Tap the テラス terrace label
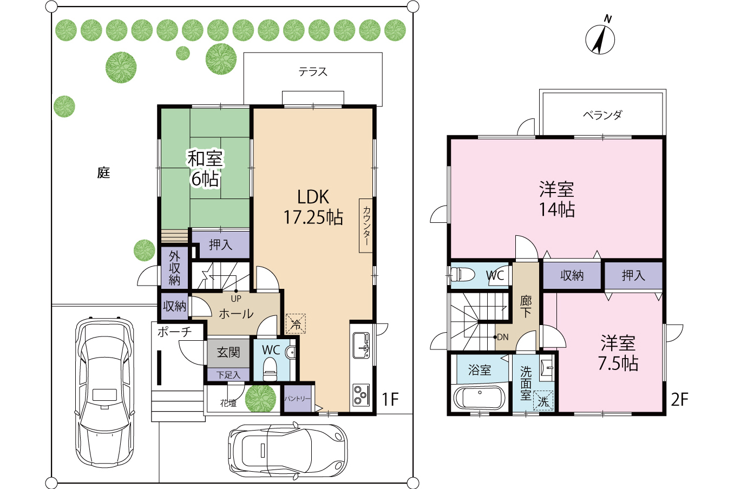click(313, 72)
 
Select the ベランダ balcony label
click(602, 115)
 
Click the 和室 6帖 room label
click(205, 168)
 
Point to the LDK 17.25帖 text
click(313, 207)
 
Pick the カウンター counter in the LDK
click(366, 226)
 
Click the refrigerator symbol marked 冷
click(296, 323)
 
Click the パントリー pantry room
click(298, 398)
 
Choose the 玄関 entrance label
click(228, 353)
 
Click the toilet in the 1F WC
click(270, 369)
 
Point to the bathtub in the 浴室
click(480, 398)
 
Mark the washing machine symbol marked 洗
click(543, 400)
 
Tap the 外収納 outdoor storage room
click(175, 268)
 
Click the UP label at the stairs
click(236, 299)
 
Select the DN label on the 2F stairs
click(503, 336)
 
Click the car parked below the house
click(288, 451)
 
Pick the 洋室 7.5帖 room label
click(618, 353)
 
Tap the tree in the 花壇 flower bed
click(260, 399)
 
